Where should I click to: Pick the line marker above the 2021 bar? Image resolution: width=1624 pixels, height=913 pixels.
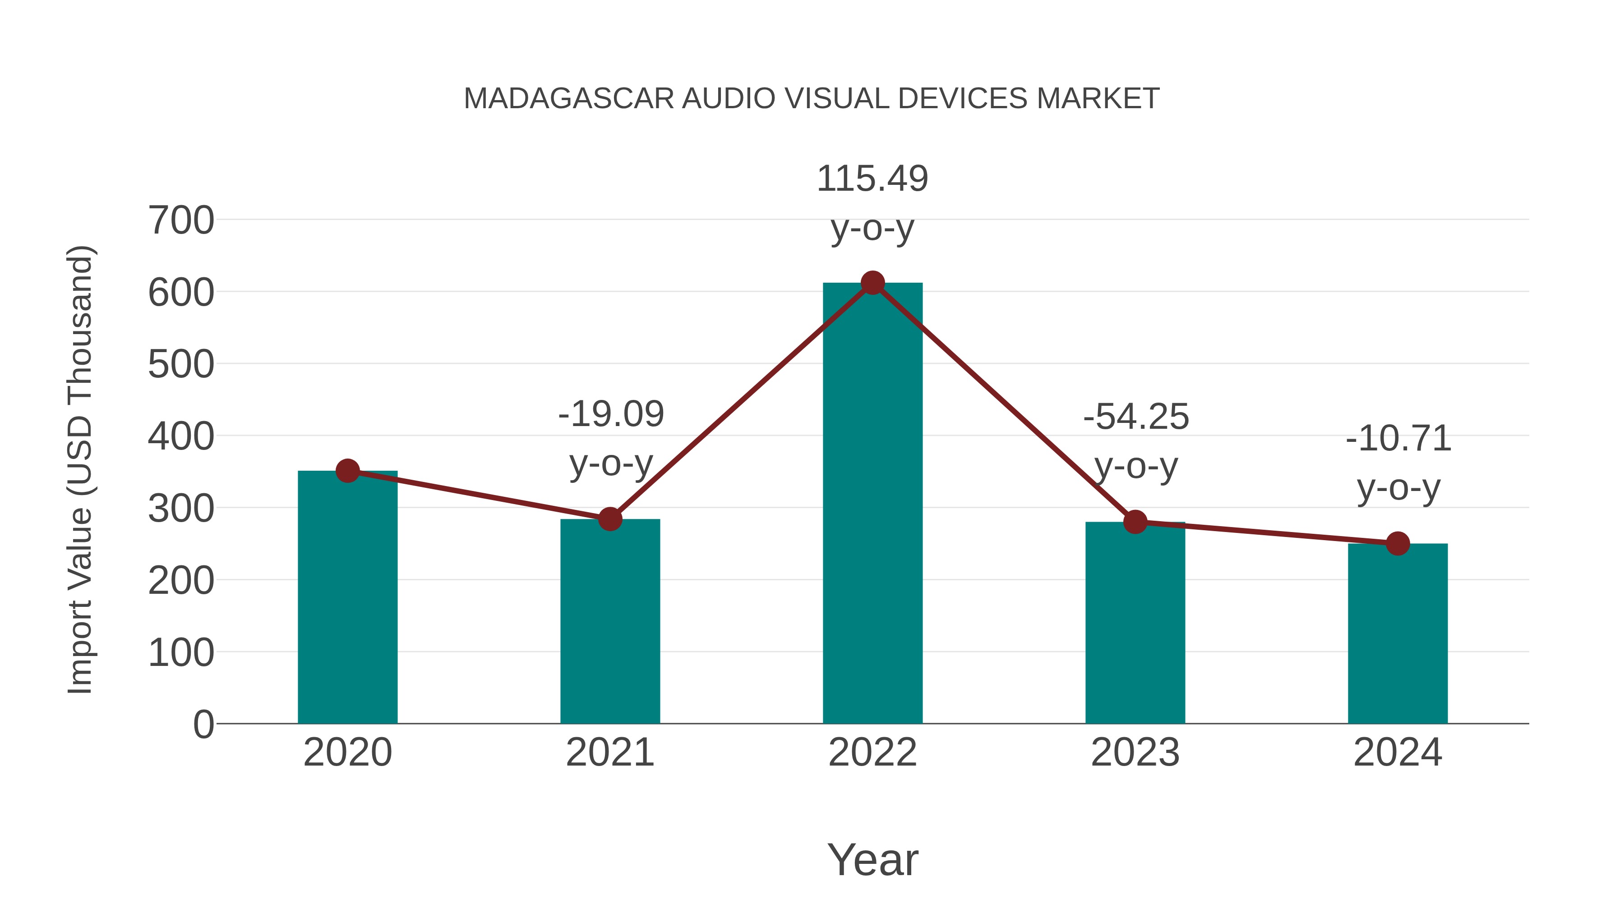[x=609, y=519]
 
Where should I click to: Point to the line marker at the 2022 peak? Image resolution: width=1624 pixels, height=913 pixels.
[x=872, y=283]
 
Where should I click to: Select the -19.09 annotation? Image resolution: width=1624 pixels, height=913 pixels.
[x=611, y=415]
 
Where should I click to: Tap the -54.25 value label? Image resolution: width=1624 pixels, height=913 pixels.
[x=1136, y=417]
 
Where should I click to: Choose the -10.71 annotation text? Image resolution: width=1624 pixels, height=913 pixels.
[x=1398, y=439]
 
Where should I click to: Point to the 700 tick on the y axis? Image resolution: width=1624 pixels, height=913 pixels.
[x=181, y=221]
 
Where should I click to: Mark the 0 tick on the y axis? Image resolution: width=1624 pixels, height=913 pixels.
[x=203, y=725]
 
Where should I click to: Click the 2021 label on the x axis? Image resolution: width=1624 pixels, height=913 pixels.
[x=609, y=752]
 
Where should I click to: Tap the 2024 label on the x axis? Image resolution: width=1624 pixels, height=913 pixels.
[x=1398, y=752]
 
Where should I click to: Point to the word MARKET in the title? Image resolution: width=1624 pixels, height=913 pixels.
[x=1098, y=99]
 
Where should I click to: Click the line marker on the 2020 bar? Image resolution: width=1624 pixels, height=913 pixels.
[x=347, y=471]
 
